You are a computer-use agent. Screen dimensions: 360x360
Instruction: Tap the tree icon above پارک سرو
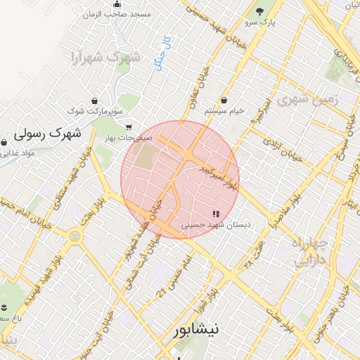[x=261, y=11]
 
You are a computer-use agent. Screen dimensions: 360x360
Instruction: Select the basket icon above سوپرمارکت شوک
[x=94, y=101]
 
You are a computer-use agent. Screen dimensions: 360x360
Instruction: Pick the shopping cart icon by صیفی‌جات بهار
[x=128, y=127]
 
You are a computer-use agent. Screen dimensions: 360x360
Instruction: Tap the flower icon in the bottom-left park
[x=5, y=308]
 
